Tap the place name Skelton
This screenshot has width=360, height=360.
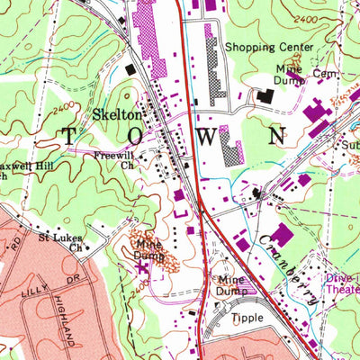click(x=117, y=115)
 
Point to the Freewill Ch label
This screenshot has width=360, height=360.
click(x=115, y=159)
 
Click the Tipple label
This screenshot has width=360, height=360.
click(x=248, y=319)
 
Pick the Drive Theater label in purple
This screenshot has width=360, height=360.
click(x=342, y=284)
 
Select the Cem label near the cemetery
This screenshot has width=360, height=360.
click(x=322, y=73)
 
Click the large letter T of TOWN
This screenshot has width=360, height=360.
click(x=70, y=137)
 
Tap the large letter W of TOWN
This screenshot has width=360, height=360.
click(x=208, y=138)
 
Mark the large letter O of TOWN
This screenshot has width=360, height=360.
click(x=138, y=137)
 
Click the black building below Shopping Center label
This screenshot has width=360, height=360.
click(x=265, y=94)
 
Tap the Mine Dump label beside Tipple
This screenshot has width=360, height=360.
click(x=237, y=285)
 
